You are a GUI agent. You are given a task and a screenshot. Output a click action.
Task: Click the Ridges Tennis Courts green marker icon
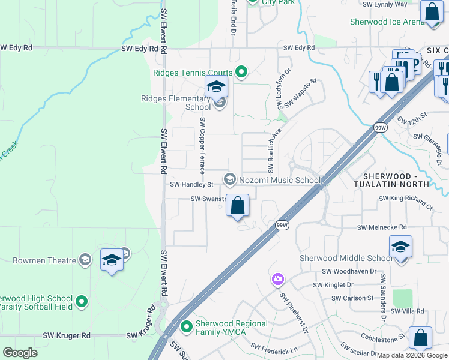click(241, 73)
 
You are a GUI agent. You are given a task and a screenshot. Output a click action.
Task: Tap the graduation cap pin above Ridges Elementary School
click(216, 87)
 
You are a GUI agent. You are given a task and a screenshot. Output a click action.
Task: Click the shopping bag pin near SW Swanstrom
click(238, 206)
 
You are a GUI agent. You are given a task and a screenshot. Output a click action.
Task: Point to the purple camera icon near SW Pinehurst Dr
click(277, 279)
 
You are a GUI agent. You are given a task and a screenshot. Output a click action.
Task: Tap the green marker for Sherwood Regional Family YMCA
click(187, 327)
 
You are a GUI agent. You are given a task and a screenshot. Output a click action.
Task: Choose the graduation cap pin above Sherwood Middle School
click(400, 247)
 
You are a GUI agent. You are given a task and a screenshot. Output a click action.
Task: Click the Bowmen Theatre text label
click(44, 260)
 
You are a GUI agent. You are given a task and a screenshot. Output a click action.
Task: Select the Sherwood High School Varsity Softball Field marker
click(82, 302)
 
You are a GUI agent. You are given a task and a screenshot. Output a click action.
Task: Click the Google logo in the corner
click(20, 352)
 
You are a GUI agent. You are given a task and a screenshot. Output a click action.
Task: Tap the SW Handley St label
click(192, 185)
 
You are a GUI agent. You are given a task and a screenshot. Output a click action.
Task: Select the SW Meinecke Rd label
click(382, 227)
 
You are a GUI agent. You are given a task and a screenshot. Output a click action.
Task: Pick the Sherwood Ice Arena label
click(387, 22)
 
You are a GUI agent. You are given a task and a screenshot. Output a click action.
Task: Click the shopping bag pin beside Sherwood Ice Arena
click(432, 11)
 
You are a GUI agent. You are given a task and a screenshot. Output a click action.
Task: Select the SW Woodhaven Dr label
click(349, 271)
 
